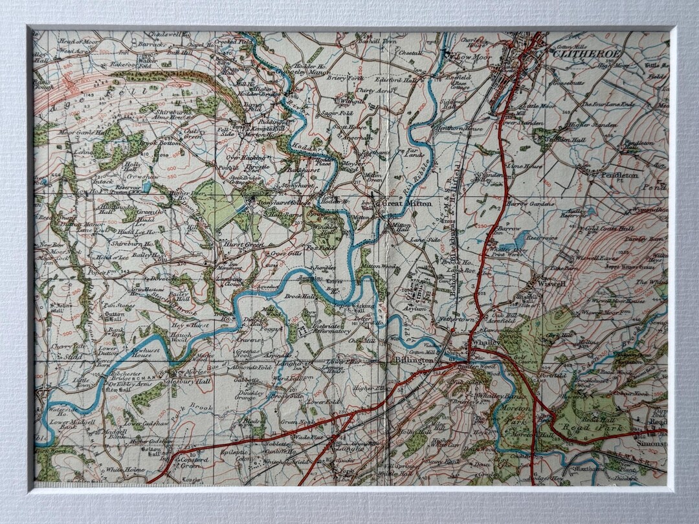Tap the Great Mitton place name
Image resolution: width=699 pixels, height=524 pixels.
[x=402, y=203]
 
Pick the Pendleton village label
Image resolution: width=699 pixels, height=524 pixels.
[x=619, y=175]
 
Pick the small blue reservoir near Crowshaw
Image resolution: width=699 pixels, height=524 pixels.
[x=148, y=188]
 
